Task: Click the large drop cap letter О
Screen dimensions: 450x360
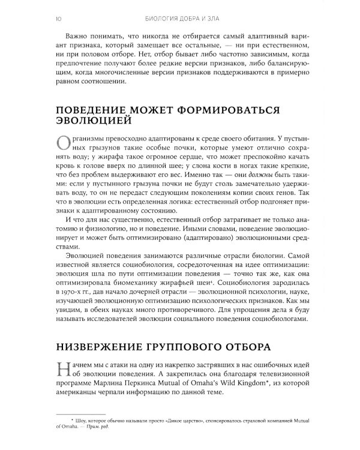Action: point(62,146)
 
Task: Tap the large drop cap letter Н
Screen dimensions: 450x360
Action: point(62,370)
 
